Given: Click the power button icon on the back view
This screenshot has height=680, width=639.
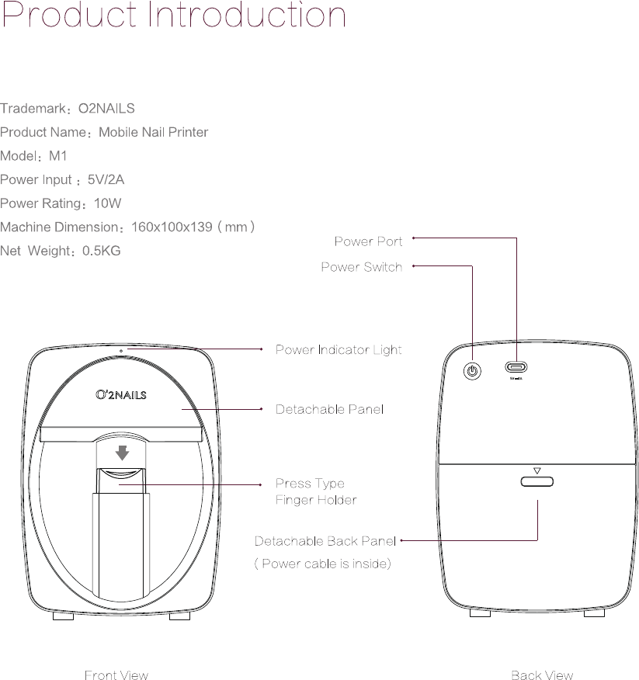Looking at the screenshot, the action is point(472,370).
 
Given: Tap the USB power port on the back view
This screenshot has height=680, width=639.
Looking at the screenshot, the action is point(516,367).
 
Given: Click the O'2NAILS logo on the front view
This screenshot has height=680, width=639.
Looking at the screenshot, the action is point(120,395).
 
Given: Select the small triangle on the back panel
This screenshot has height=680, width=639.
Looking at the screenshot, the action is point(537,470).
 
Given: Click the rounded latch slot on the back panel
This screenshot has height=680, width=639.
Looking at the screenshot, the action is point(537,482).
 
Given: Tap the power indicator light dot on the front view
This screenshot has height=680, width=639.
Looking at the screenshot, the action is point(120,351).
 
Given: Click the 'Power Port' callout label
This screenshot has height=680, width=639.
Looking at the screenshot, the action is point(368,241).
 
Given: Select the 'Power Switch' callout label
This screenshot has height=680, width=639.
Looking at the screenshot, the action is point(361,267).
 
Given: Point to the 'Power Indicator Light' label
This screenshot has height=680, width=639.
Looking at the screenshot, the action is point(339,350).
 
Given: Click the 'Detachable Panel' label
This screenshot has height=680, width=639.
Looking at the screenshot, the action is point(329,409).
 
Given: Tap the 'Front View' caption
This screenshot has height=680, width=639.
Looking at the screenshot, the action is point(116,675).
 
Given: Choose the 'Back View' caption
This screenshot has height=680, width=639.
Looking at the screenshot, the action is point(542,675).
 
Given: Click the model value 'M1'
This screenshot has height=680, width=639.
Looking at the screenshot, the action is point(58,156).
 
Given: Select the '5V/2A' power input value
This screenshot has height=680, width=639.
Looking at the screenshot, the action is point(106,180).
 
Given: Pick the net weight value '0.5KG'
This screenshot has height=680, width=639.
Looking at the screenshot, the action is point(101,252).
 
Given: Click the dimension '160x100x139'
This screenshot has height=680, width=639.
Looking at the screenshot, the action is point(172,227).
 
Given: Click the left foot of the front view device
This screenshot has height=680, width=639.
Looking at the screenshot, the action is point(64,616).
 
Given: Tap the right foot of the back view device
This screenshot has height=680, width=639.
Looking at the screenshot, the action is point(594,613).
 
